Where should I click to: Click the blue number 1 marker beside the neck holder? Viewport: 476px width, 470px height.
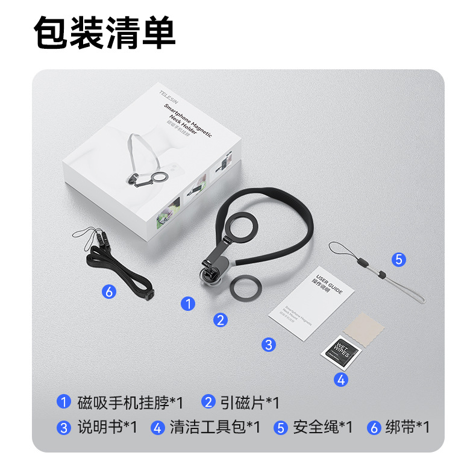[189, 304]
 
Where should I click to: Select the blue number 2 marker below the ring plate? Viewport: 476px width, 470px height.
[221, 320]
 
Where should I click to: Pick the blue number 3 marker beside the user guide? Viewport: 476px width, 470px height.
[268, 345]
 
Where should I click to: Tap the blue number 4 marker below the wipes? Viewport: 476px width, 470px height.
[340, 380]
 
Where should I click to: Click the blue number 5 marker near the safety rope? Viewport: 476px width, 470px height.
[398, 260]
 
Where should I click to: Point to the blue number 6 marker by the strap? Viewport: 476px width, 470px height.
[108, 292]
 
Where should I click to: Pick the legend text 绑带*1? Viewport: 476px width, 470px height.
[407, 427]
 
